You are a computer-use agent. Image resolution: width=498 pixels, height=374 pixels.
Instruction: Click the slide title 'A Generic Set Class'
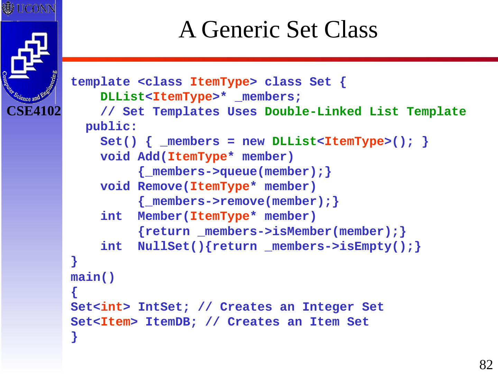click(x=278, y=29)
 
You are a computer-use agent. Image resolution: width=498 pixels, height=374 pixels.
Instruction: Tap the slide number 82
click(x=486, y=365)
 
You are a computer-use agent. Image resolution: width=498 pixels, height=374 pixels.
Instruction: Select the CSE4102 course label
click(x=34, y=111)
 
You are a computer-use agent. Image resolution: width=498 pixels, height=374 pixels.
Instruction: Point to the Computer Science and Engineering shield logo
click(x=29, y=62)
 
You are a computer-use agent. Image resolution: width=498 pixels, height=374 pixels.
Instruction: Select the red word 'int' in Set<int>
click(x=112, y=307)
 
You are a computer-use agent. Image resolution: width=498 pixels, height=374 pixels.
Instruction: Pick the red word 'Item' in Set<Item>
click(x=116, y=322)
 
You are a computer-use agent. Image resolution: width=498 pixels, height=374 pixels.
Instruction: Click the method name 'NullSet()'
click(x=171, y=247)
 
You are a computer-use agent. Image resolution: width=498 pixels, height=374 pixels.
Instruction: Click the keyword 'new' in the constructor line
click(x=253, y=142)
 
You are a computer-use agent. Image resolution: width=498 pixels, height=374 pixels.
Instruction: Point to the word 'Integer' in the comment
click(x=328, y=307)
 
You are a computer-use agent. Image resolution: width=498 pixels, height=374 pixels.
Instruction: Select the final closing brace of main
click(x=74, y=337)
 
